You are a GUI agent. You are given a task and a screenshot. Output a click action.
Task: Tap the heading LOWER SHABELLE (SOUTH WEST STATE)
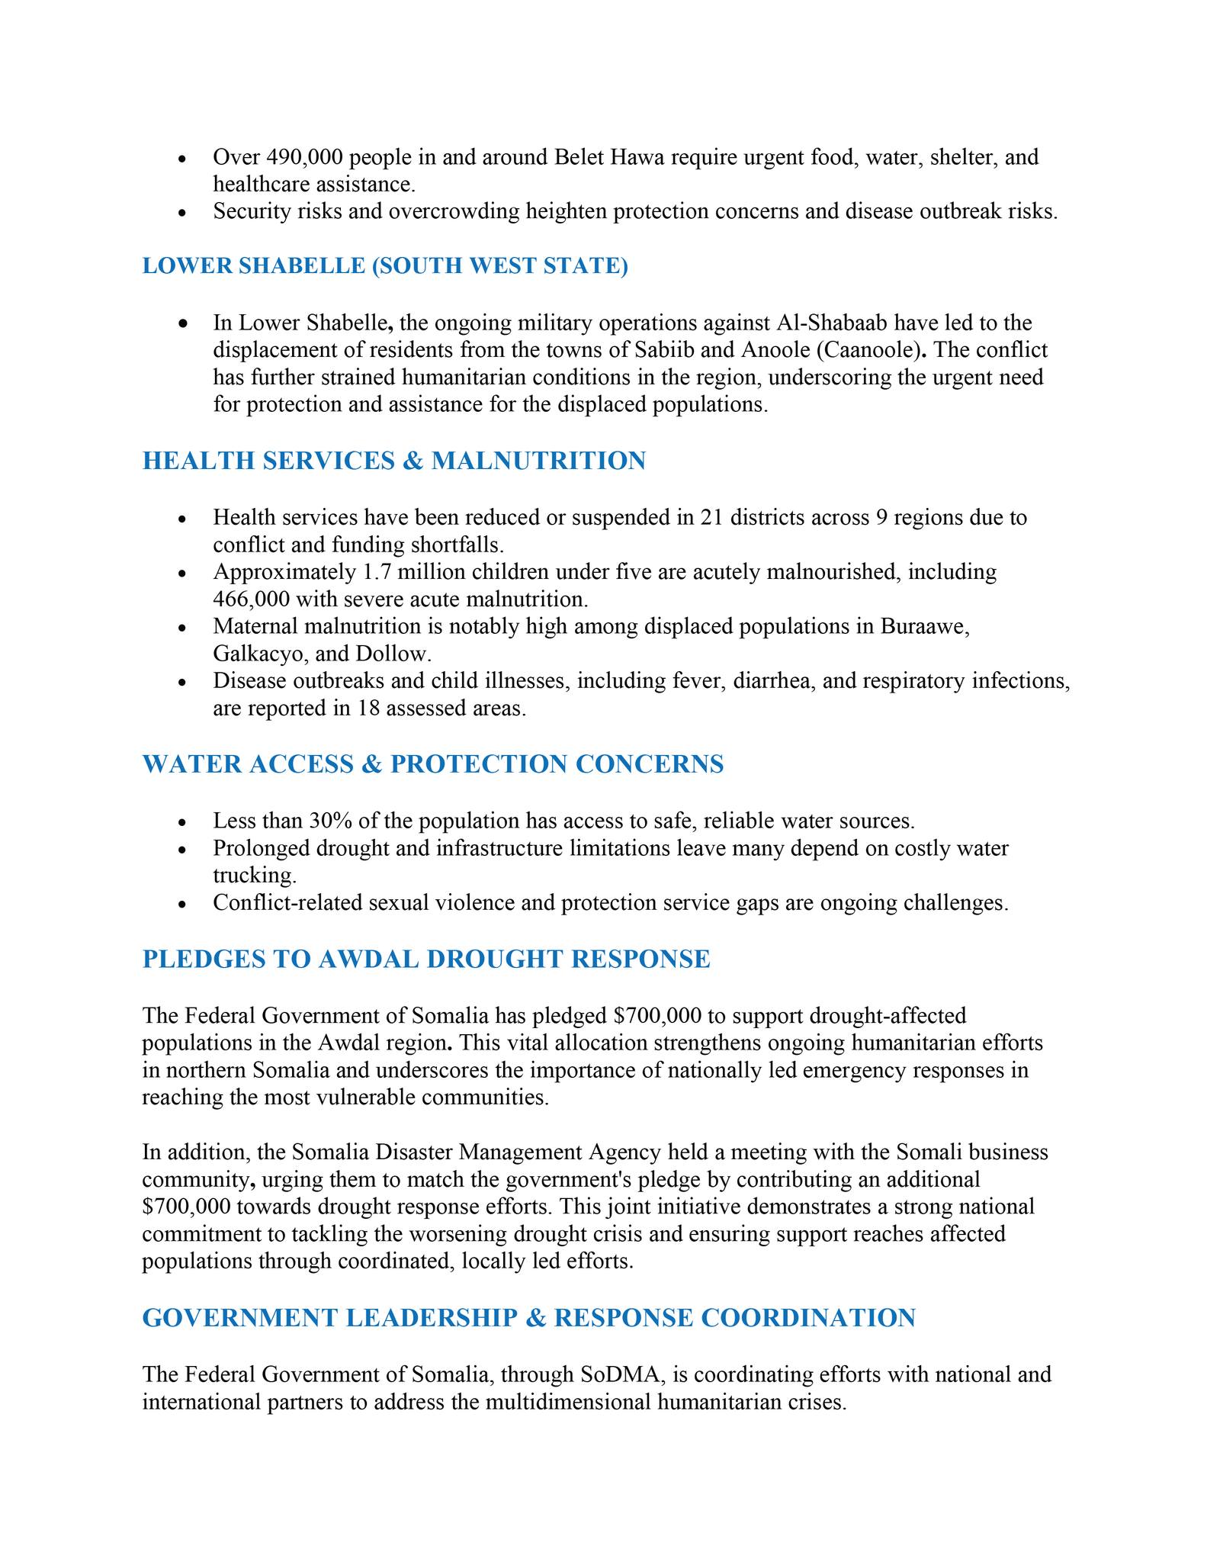tap(385, 266)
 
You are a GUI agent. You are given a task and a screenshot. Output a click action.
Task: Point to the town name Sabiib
tap(660, 350)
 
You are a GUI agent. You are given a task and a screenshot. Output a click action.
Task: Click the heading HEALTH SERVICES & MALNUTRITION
tap(394, 461)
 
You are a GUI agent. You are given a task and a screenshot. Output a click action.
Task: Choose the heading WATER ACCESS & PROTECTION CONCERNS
tap(433, 764)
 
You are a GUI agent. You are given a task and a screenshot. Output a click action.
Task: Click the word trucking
tap(254, 876)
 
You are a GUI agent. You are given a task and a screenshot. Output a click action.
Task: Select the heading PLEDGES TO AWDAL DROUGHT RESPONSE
tap(426, 959)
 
